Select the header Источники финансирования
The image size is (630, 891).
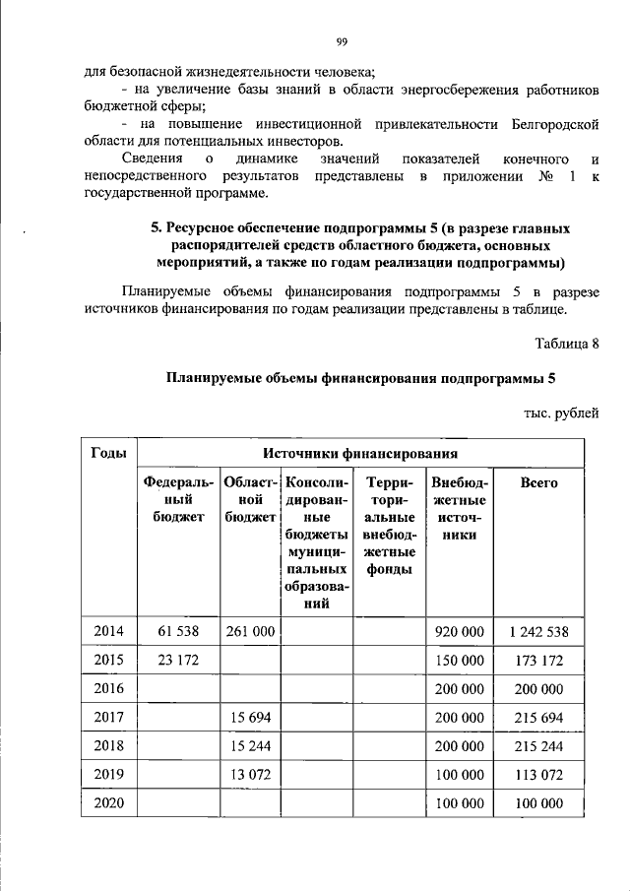361,453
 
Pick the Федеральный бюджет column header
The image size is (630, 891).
178,499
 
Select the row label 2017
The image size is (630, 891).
108,718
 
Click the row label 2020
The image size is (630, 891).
108,803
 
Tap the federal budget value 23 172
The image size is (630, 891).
178,660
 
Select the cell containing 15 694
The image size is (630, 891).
249,718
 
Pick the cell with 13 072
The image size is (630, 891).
249,775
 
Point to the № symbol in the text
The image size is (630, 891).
544,176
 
